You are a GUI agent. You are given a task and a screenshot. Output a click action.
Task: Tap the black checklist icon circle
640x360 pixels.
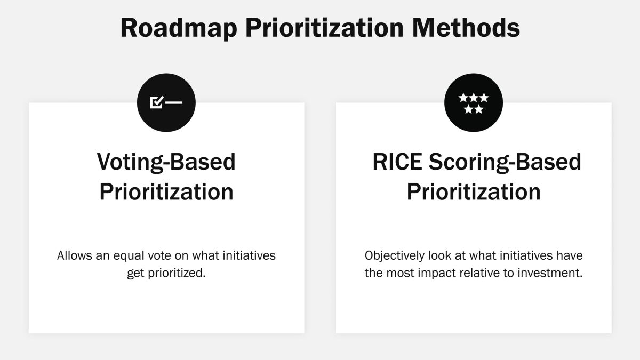[x=166, y=102]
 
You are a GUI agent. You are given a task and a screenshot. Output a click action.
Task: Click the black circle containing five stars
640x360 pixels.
[x=474, y=102]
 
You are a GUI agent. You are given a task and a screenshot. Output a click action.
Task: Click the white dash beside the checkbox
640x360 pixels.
[x=174, y=102]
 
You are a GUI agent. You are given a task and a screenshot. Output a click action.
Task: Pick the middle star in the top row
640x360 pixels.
[x=474, y=98]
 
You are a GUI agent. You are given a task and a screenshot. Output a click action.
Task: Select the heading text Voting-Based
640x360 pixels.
[x=166, y=162]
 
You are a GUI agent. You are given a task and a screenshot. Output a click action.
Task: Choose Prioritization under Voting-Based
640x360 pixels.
[x=166, y=191]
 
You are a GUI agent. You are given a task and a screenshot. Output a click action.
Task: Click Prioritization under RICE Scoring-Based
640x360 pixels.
[x=474, y=191]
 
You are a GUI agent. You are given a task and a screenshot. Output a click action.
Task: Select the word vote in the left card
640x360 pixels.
[x=164, y=255]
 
